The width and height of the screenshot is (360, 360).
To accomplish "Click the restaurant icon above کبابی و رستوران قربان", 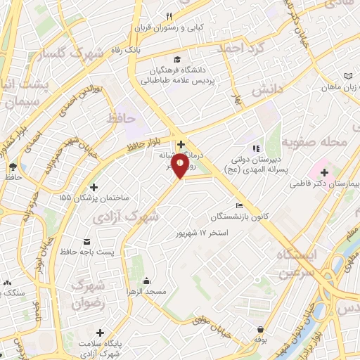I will (169, 17).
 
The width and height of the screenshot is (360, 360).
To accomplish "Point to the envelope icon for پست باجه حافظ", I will (86, 240).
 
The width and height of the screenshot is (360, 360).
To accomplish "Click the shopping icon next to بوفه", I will (261, 329).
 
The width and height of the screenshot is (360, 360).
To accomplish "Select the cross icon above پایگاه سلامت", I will (100, 333).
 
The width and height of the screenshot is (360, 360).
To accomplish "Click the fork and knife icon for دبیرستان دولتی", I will (257, 148).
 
